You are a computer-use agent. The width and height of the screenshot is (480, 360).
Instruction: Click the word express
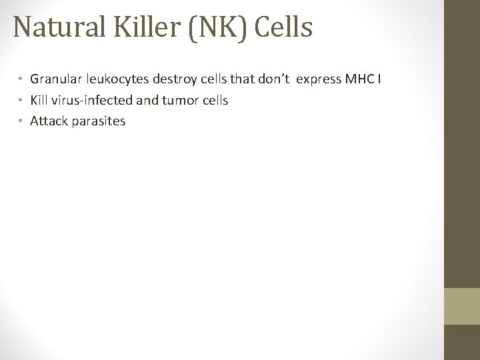click(318, 81)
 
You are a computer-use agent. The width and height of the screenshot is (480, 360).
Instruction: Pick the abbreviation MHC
click(359, 81)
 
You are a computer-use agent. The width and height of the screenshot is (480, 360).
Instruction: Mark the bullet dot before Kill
click(21, 101)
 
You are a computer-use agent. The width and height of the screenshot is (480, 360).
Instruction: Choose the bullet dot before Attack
click(21, 121)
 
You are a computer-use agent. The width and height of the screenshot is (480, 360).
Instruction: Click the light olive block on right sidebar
click(462, 307)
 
